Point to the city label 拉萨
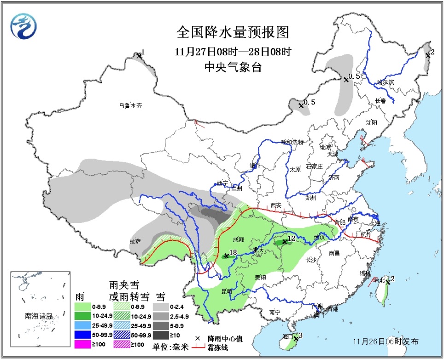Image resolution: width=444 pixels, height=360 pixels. [x=135, y=241]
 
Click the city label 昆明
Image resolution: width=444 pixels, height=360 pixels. [x=227, y=291]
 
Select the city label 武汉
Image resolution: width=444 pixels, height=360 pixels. [x=319, y=237]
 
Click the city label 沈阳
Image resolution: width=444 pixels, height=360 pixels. [x=371, y=122]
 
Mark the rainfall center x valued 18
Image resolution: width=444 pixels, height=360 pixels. [x=226, y=255]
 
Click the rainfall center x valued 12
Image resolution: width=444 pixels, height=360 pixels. [x=285, y=242]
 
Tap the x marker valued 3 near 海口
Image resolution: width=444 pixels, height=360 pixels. [x=295, y=339]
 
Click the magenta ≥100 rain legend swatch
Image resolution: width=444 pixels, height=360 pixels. [x=86, y=344]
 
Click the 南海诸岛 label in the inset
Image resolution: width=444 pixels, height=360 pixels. [x=39, y=316]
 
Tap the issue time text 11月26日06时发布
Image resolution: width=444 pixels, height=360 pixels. [x=386, y=342]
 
